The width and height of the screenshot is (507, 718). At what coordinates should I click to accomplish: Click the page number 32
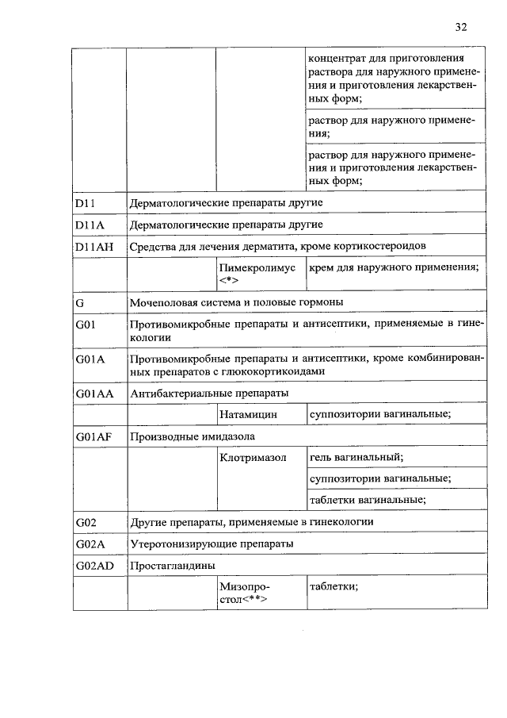(x=461, y=27)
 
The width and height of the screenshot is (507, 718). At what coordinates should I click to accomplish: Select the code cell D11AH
(x=94, y=247)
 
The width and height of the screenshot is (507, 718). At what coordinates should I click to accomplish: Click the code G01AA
(x=95, y=393)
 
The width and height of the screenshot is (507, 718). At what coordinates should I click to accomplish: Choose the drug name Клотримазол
(x=253, y=458)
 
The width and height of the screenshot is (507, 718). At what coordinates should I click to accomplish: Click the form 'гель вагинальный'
(x=356, y=458)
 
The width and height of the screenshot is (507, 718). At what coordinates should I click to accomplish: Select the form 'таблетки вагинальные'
(x=368, y=499)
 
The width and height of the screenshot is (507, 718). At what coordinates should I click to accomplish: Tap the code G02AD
(x=96, y=566)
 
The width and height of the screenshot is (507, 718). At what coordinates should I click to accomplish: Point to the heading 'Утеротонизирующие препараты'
(x=212, y=544)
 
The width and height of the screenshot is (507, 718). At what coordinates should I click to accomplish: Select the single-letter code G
(x=80, y=303)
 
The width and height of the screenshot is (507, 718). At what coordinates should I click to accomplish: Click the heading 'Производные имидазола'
(x=193, y=436)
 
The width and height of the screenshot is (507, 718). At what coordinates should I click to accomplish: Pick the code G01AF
(x=94, y=436)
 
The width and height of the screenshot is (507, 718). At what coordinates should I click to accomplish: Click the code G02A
(x=90, y=544)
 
